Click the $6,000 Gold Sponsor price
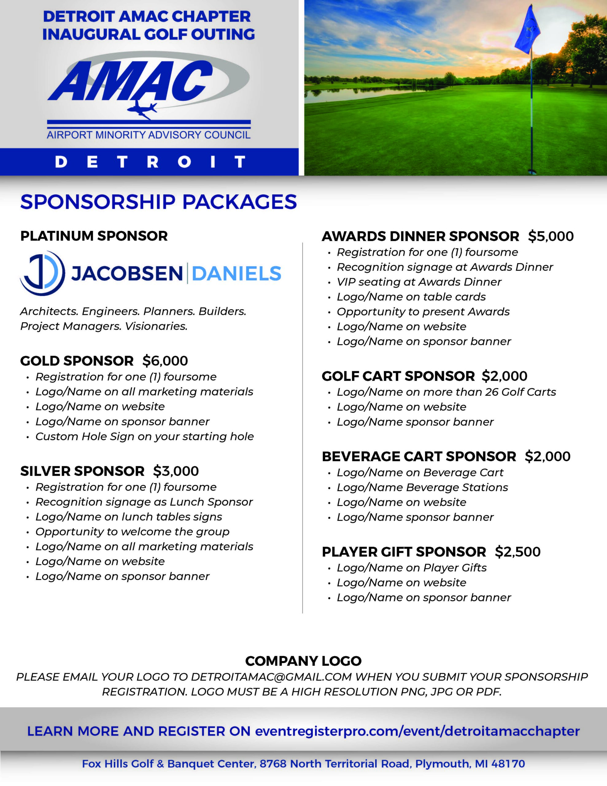coord(165,361)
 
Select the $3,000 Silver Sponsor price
coord(176,471)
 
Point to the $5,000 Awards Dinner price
coord(551,236)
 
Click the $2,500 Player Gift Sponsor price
coord(518,552)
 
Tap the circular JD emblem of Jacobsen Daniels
coord(42,273)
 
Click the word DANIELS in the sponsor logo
coord(236,274)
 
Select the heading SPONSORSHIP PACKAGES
coord(159,202)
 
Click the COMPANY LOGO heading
coord(303,661)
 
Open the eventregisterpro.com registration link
coord(417,731)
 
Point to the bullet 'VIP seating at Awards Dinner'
coord(419,282)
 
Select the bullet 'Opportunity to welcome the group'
coord(132,532)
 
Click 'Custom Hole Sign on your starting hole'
coord(144,437)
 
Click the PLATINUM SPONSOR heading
coord(94,236)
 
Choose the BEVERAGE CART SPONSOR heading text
coord(419,457)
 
